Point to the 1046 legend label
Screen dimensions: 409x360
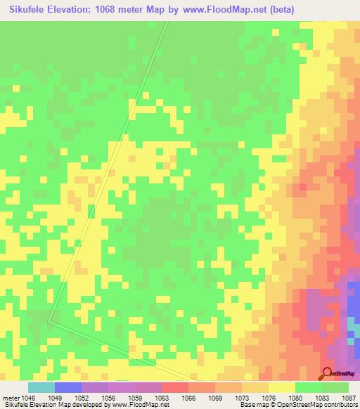click(28, 398)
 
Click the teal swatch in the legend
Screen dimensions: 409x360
click(41, 387)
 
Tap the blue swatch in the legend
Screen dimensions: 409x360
click(68, 387)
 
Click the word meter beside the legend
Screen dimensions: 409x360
click(11, 398)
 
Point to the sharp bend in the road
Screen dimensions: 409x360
click(49, 321)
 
